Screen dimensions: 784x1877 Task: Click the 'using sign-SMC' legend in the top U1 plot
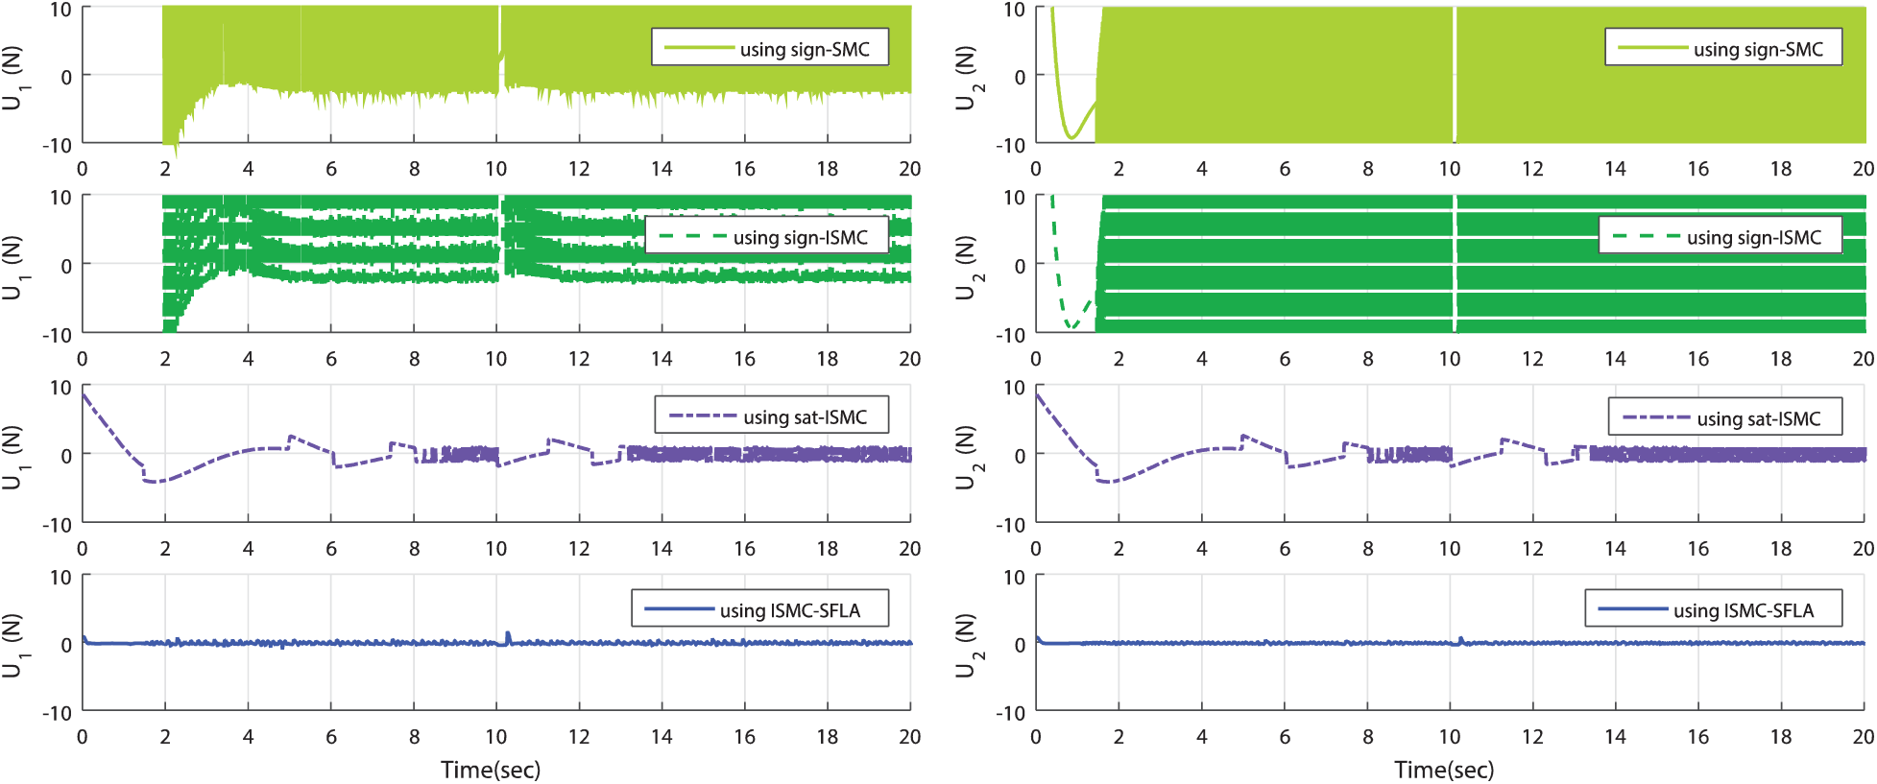tap(769, 47)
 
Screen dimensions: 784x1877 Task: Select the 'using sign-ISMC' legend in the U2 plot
tap(1720, 236)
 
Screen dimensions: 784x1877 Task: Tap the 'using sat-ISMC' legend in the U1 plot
tap(771, 416)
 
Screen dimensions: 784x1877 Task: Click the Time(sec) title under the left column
tap(491, 770)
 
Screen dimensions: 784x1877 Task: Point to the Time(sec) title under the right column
tap(1444, 770)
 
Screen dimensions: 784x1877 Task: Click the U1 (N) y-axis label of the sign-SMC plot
tap(12, 77)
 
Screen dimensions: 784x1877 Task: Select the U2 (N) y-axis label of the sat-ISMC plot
tap(966, 456)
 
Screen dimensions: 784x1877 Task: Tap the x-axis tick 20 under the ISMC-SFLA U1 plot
tap(909, 737)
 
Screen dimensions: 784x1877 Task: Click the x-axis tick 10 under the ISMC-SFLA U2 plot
tap(1450, 737)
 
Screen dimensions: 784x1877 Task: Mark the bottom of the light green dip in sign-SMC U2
tap(1071, 138)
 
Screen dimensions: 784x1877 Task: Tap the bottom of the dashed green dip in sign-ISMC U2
tap(1071, 328)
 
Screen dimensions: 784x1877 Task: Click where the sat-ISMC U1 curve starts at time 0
tap(84, 394)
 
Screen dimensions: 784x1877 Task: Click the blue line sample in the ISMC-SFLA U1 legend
tap(679, 609)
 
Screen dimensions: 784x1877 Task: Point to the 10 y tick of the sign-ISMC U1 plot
tap(60, 198)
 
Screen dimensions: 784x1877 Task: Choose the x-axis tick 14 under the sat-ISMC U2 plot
tap(1616, 549)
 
